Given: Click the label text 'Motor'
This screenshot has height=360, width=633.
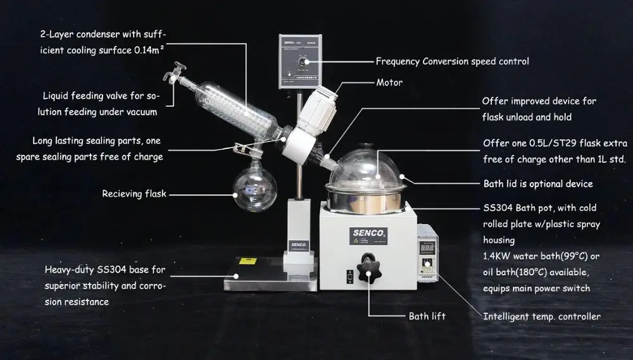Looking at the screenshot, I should [x=389, y=82].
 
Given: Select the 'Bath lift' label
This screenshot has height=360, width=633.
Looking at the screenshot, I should [x=427, y=316].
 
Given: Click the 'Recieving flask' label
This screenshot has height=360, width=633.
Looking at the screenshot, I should [x=134, y=194].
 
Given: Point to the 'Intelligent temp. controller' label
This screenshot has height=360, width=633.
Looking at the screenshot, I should [x=541, y=316].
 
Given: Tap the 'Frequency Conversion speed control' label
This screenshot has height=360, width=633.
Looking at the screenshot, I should [x=452, y=61].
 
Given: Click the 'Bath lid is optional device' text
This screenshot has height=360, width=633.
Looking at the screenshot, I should [x=537, y=183].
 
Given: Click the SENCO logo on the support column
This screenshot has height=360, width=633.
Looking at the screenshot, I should [x=299, y=244].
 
